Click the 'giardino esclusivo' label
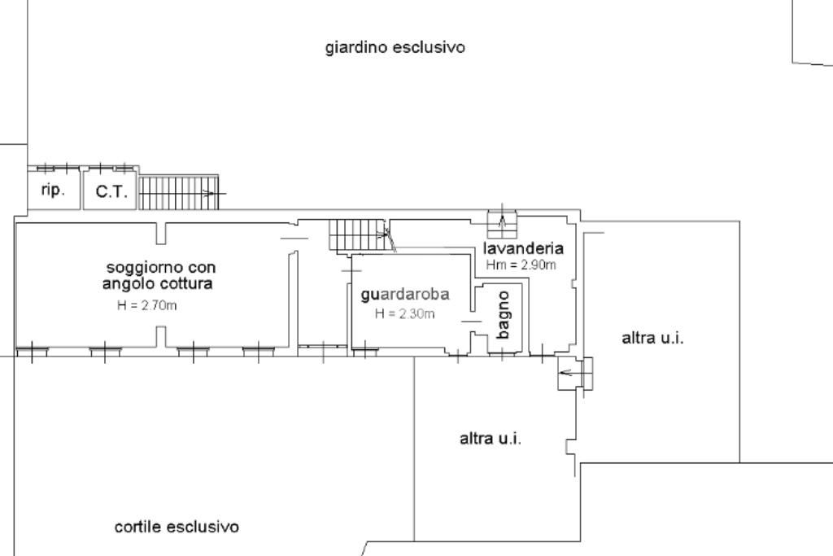[x=395, y=47]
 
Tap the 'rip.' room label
[x=53, y=190]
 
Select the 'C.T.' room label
[x=111, y=193]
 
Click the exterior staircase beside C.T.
[x=180, y=193]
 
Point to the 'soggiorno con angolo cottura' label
[x=160, y=275]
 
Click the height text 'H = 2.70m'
[x=147, y=306]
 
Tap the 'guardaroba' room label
[x=405, y=294]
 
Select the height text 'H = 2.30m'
[x=404, y=313]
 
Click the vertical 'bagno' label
[x=504, y=315]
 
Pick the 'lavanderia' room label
[x=523, y=248]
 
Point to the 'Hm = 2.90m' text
[x=521, y=265]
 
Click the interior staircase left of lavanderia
[x=358, y=235]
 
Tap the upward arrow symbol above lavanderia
[x=503, y=221]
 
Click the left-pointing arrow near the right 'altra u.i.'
[x=575, y=374]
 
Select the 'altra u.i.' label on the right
[x=652, y=338]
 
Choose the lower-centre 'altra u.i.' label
[x=491, y=438]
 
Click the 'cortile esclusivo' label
[x=177, y=527]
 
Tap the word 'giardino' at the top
[x=356, y=47]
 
